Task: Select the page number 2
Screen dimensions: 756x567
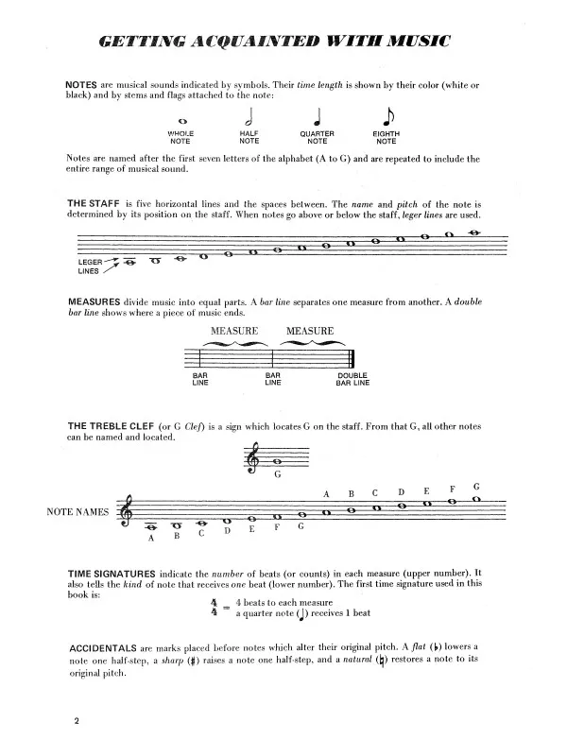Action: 73,722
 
